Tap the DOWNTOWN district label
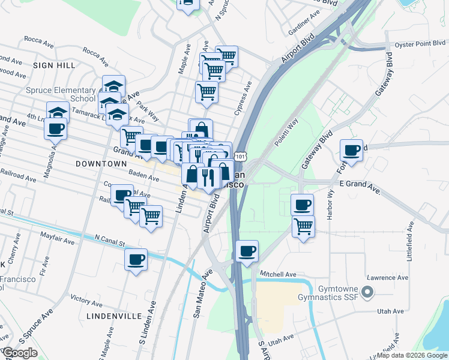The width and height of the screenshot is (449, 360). pyautogui.click(x=101, y=163)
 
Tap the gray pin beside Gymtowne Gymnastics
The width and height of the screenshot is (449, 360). pyautogui.click(x=368, y=292)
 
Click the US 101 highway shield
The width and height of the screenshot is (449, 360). pyautogui.click(x=240, y=156)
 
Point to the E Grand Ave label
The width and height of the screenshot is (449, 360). pyautogui.click(x=360, y=191)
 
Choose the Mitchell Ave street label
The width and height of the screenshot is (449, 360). pyautogui.click(x=278, y=274)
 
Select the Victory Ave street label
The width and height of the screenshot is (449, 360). pyautogui.click(x=87, y=298)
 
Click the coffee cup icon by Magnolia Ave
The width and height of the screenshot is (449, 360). pyautogui.click(x=56, y=128)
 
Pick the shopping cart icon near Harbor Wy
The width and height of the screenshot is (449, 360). pyautogui.click(x=304, y=226)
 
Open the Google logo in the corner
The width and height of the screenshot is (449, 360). pyautogui.click(x=20, y=353)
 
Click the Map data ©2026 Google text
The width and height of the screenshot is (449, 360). pyautogui.click(x=412, y=355)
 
